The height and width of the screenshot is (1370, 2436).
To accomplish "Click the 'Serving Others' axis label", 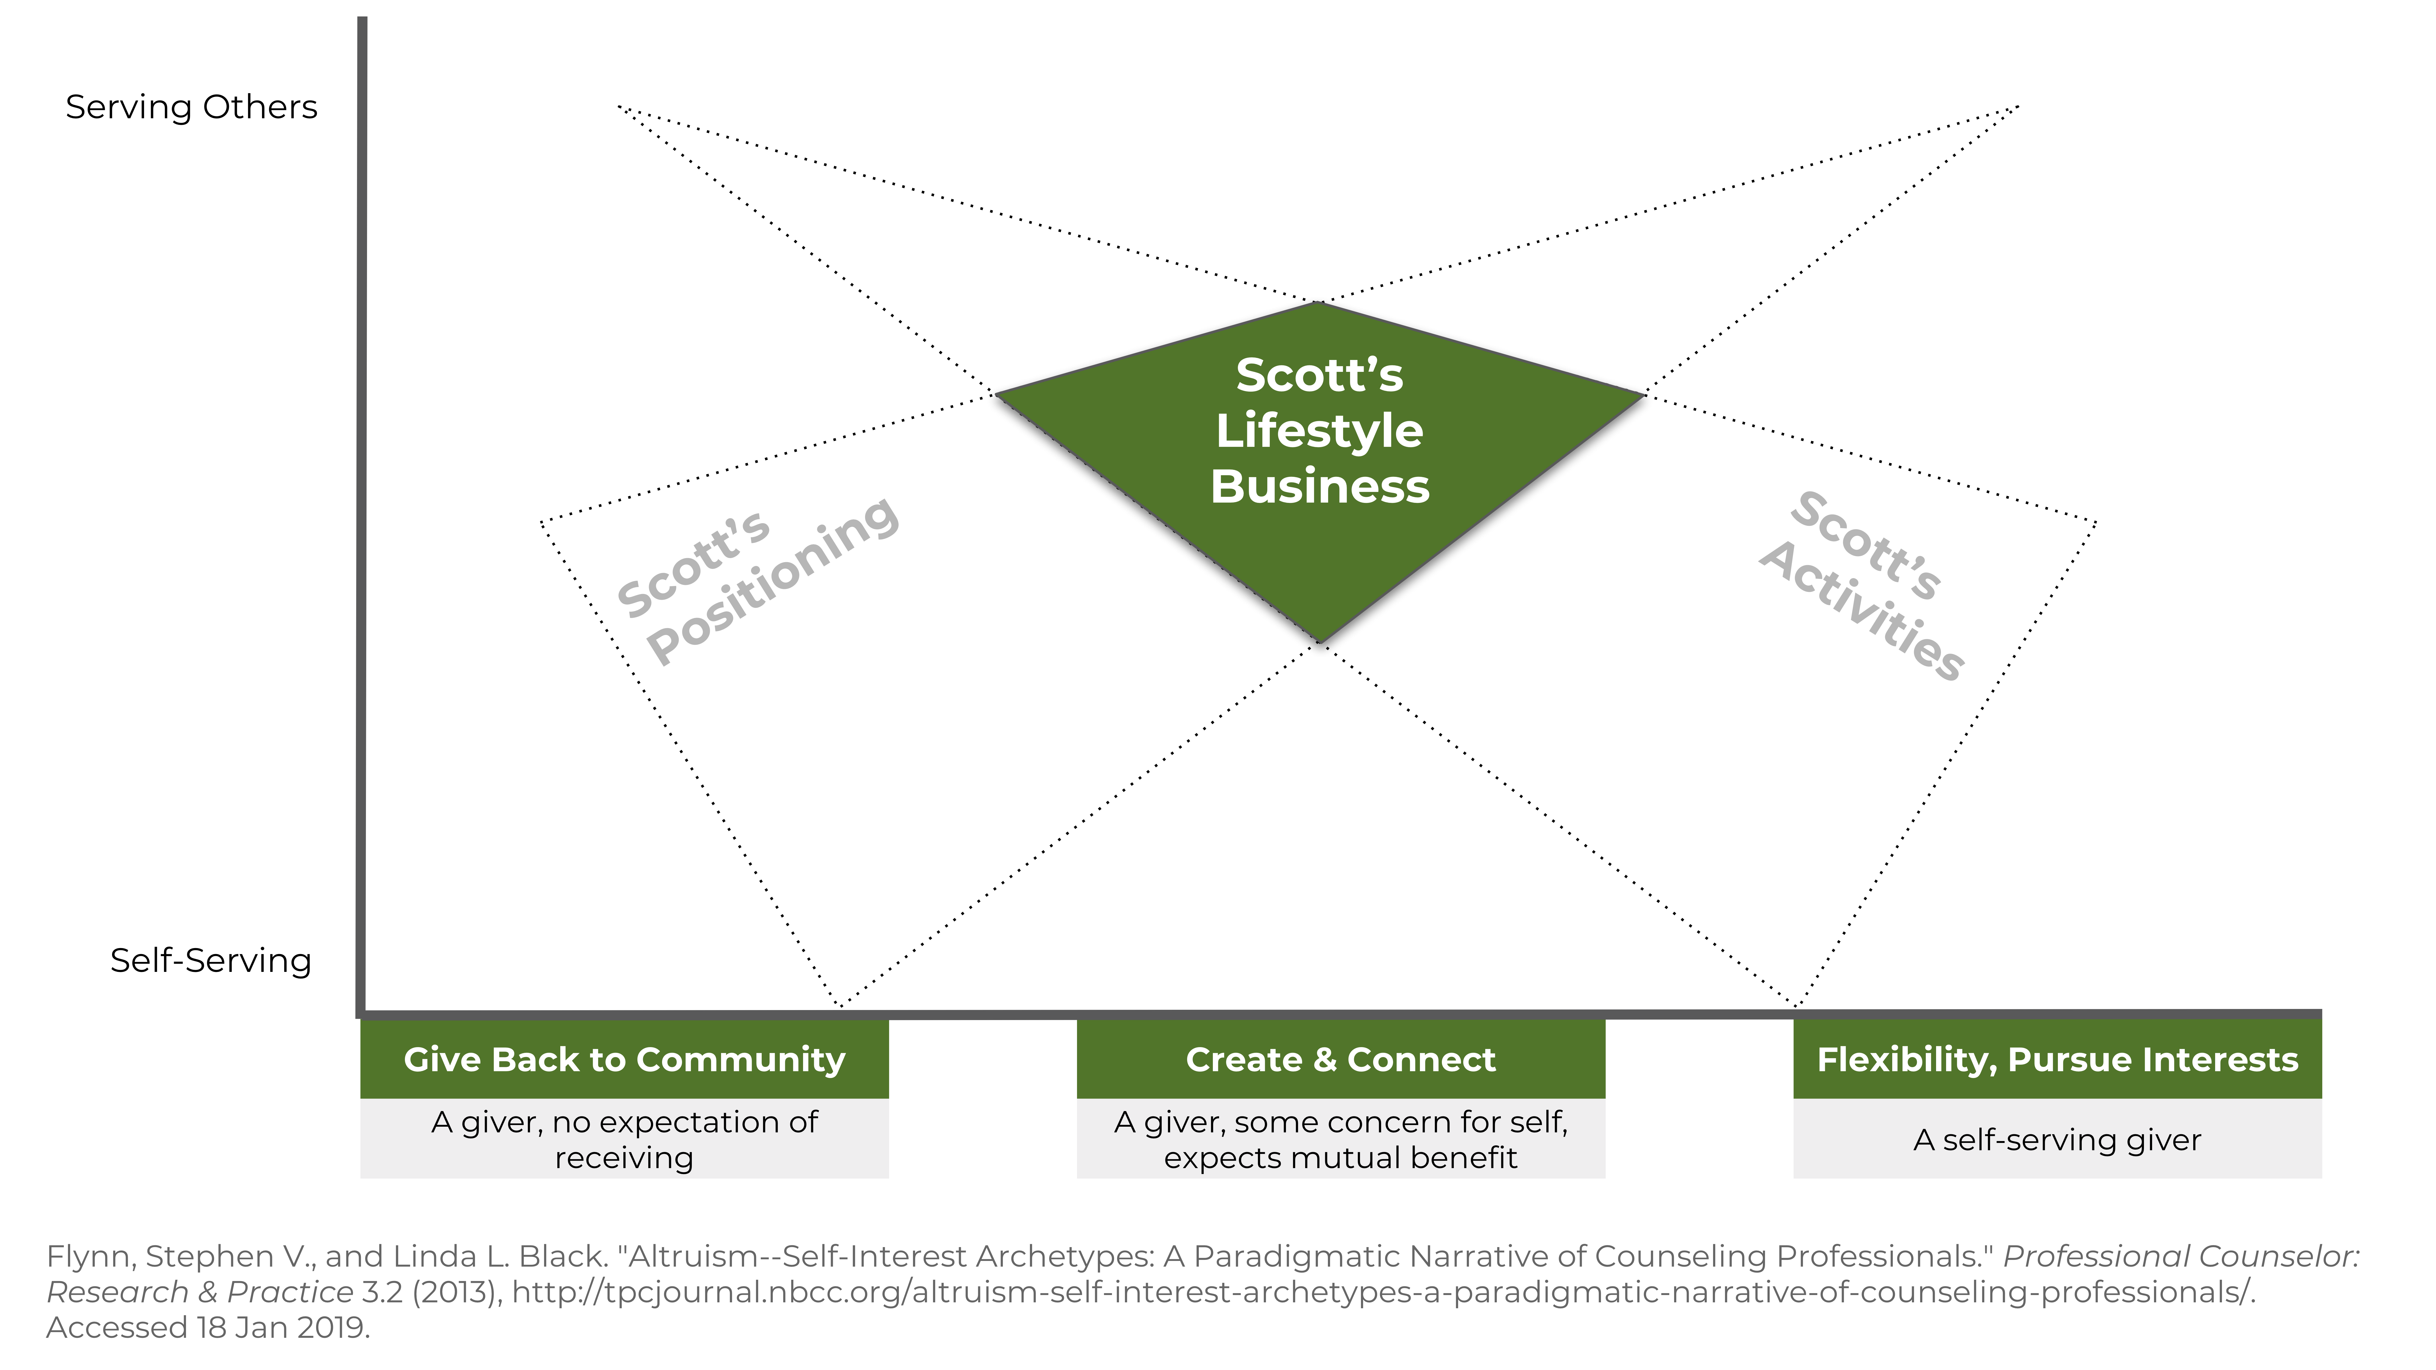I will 191,107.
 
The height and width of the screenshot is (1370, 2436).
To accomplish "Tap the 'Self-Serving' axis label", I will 210,961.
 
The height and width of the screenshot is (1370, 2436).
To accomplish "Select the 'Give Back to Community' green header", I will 624,1059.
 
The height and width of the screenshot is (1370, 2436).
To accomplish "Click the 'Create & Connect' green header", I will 1341,1059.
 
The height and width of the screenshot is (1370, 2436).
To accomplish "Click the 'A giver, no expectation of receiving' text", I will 624,1139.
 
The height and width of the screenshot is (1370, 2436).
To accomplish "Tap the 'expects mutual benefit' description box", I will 1341,1157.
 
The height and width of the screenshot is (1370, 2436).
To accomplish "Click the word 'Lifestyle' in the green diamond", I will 1319,431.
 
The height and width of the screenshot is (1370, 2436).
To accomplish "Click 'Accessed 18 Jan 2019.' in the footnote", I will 208,1328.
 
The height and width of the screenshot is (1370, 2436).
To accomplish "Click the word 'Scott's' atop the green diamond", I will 1319,375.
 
